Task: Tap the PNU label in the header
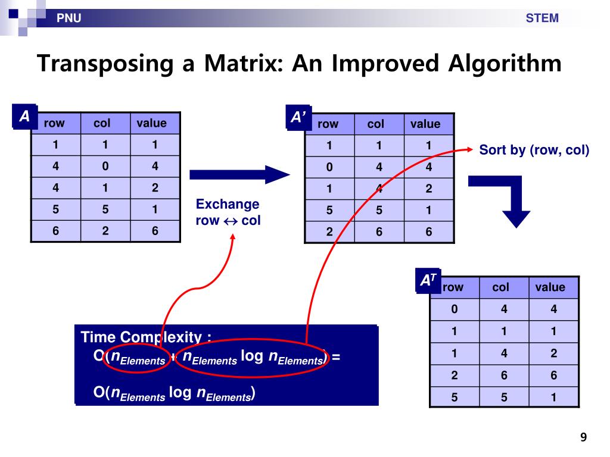tap(69, 18)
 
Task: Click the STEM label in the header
tap(542, 18)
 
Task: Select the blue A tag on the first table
tap(24, 117)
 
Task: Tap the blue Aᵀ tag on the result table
tap(428, 281)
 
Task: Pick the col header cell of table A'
tap(376, 124)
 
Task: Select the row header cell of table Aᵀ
tap(453, 287)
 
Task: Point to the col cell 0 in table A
tap(105, 167)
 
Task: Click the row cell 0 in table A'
tap(329, 167)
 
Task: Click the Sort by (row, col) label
tap(534, 150)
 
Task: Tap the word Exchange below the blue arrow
tap(228, 205)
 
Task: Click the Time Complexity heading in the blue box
tap(146, 337)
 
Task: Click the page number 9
tap(584, 438)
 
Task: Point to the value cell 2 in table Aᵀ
tap(553, 353)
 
